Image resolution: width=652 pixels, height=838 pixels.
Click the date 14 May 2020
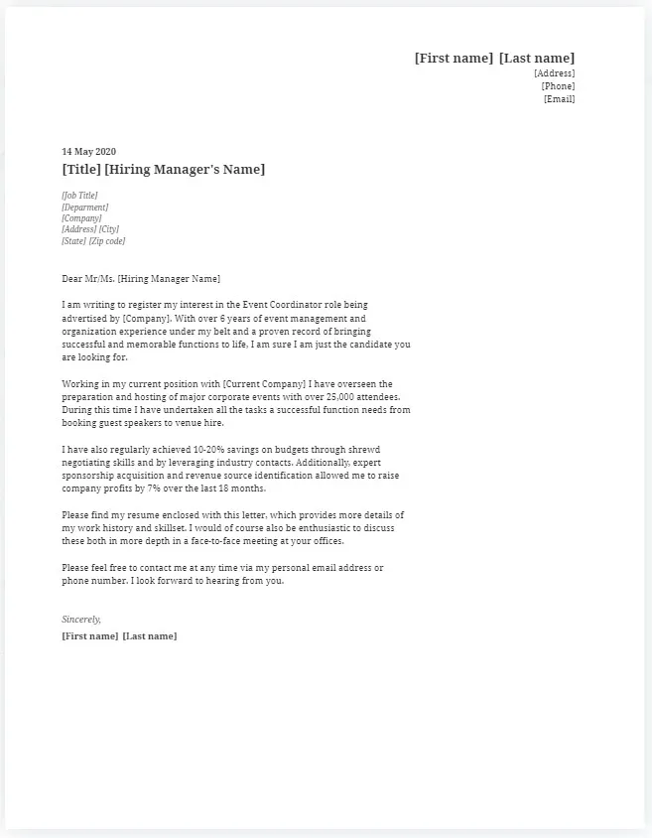coord(88,152)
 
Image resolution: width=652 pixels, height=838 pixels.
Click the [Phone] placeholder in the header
coord(558,86)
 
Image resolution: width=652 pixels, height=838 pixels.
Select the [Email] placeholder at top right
coord(559,99)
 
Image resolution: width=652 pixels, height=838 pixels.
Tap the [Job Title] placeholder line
coord(79,196)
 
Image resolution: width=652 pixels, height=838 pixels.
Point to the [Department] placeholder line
coord(84,208)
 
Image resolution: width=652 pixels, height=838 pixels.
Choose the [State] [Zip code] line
coord(93,241)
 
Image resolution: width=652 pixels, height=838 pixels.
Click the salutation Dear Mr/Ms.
coord(87,279)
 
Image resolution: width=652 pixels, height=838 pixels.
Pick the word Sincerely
coord(81,620)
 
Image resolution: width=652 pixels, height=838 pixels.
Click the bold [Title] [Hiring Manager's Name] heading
coord(163,170)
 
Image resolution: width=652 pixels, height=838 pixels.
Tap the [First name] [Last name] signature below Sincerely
coord(119,635)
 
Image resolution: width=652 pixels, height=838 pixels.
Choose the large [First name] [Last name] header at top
coord(494,59)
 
